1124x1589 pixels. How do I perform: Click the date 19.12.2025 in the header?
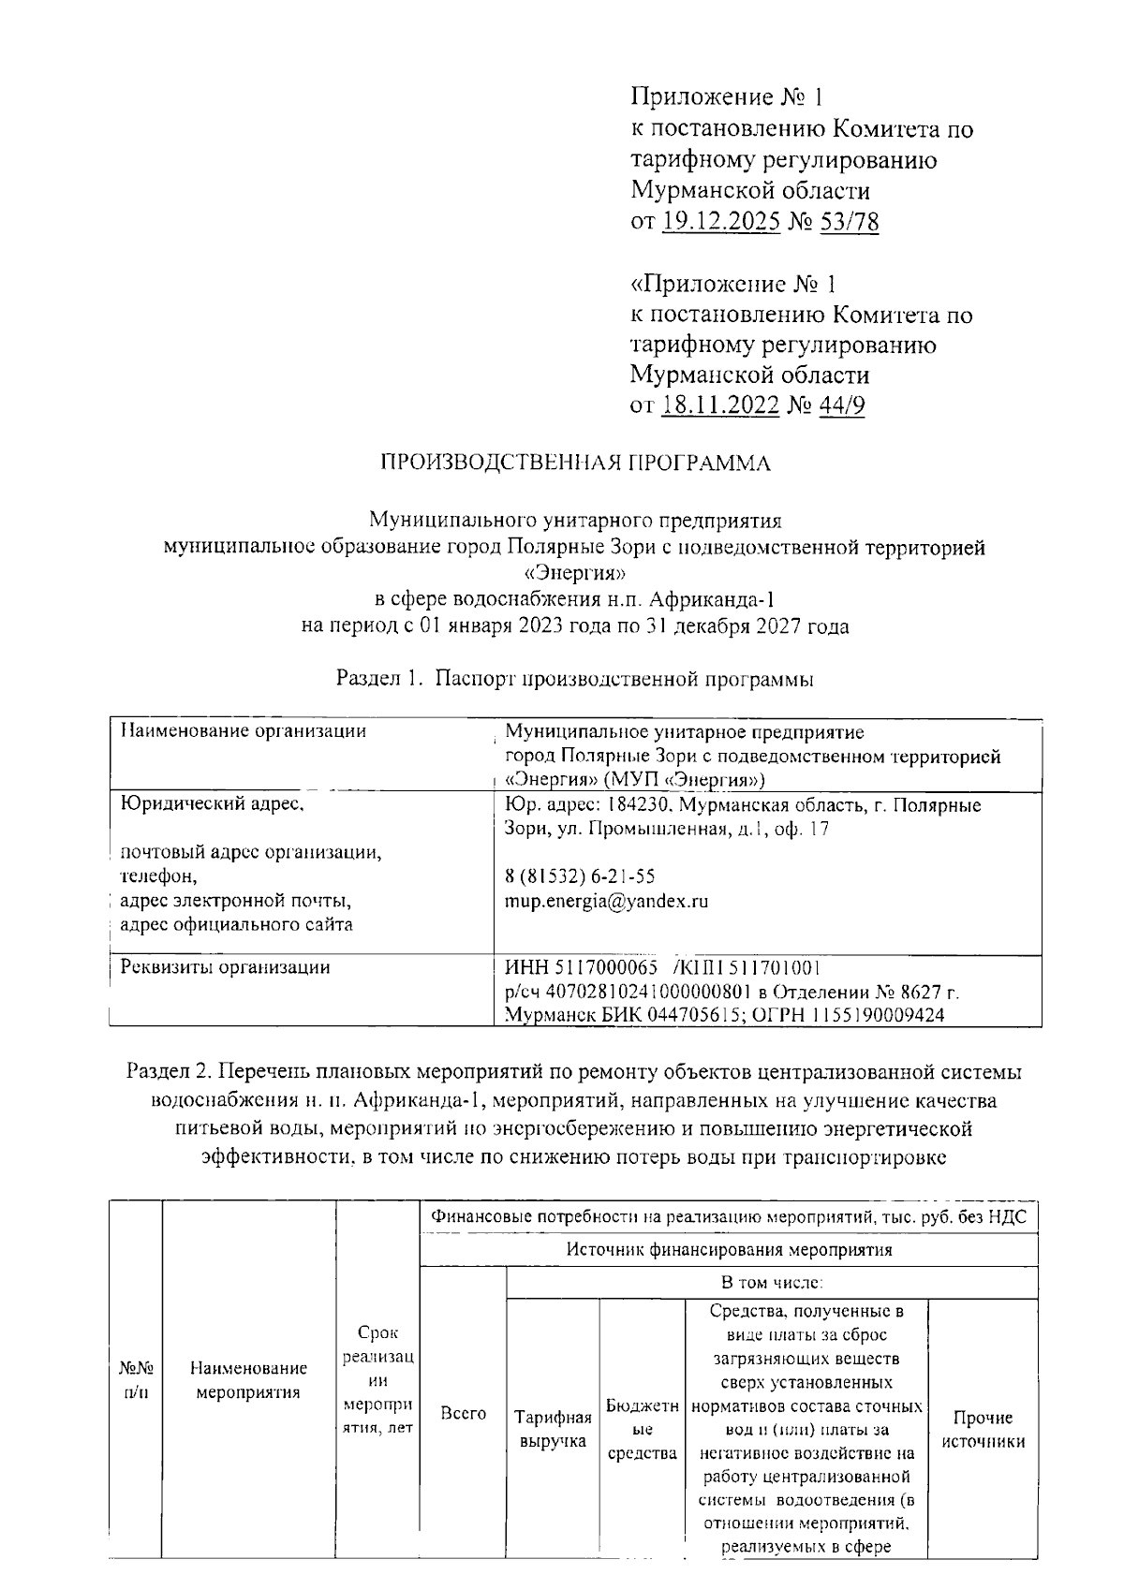[x=720, y=223]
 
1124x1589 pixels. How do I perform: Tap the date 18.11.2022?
[x=719, y=405]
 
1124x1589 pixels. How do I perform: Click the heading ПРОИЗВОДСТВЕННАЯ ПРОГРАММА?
[x=574, y=463]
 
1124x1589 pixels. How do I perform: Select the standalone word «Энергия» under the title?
[x=573, y=573]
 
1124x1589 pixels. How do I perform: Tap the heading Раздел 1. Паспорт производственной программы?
[x=574, y=680]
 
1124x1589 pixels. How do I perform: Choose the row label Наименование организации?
[x=244, y=731]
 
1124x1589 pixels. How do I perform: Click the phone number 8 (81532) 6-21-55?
[x=579, y=876]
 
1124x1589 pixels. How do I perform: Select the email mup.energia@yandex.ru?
[x=605, y=902]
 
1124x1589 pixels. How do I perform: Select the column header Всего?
[x=463, y=1413]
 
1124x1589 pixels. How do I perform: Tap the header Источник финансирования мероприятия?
[x=729, y=1249]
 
